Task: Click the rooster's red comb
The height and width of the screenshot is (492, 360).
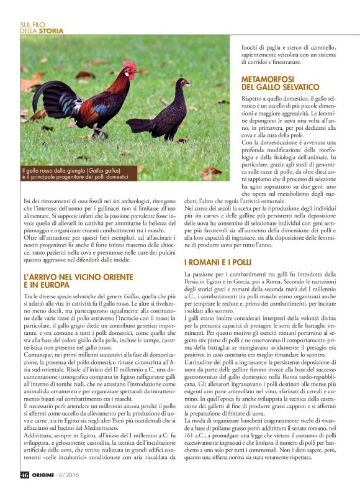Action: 130,65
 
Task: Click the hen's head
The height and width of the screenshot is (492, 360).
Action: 184,81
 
